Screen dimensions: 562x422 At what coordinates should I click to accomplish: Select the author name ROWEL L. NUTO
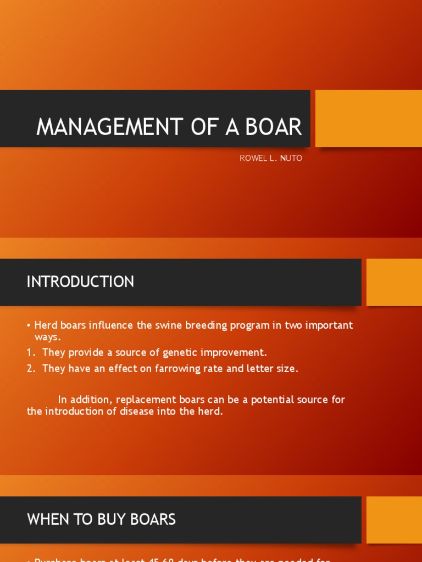[271, 158]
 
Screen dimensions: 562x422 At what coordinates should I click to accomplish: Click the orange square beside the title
[369, 119]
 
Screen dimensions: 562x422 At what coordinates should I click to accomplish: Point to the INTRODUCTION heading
[80, 282]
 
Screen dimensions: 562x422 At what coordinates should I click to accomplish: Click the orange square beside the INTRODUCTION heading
[394, 282]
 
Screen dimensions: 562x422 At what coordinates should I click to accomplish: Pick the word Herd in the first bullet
[45, 325]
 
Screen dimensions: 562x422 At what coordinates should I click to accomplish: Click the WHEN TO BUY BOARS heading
[101, 519]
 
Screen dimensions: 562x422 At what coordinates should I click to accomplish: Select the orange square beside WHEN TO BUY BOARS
[394, 520]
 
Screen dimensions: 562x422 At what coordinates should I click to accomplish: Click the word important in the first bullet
[329, 325]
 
